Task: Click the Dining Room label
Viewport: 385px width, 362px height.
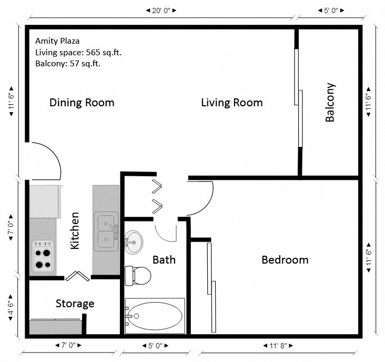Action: (82, 102)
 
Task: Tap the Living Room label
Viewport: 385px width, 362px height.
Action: (231, 103)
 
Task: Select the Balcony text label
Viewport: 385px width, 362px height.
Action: (330, 103)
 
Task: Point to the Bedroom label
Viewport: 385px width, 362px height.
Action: (285, 259)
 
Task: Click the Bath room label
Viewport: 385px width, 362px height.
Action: (164, 259)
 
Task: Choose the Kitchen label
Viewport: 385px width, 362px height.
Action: (75, 230)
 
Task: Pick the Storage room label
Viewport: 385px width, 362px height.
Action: (75, 304)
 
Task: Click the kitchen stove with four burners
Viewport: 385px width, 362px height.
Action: (43, 256)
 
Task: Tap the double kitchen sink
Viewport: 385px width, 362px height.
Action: (106, 232)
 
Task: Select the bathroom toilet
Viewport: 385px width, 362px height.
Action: (138, 275)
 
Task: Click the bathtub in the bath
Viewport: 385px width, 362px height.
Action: (155, 316)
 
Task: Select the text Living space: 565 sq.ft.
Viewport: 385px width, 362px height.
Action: (78, 52)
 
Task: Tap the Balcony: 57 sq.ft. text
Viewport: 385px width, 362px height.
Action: (68, 64)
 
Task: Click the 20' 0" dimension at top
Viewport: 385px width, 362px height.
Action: (161, 10)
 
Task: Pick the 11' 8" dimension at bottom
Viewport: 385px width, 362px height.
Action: (278, 346)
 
